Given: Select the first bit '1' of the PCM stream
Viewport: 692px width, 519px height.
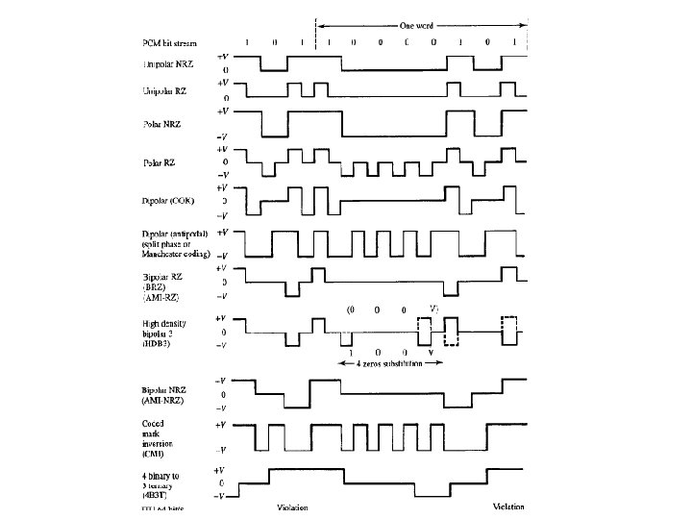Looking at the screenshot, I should coord(247,43).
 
